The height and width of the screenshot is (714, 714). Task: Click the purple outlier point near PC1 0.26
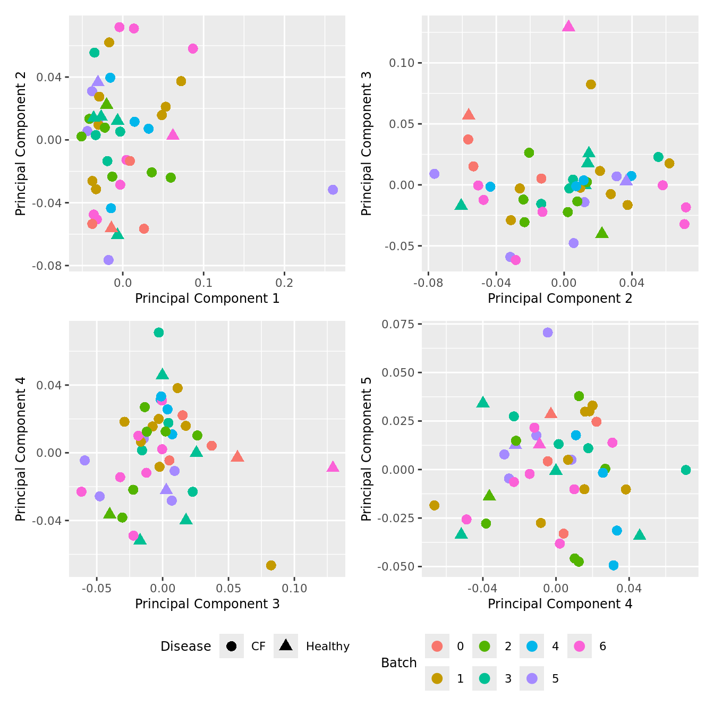333,190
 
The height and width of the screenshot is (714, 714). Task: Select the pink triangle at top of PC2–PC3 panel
568,26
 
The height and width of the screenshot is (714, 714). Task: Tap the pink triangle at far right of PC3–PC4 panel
333,467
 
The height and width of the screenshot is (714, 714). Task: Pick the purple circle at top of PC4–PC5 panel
548,333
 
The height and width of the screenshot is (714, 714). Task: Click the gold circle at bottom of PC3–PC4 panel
271,565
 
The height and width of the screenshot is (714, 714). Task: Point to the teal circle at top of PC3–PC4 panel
158,333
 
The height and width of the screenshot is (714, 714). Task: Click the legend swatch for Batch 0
437,646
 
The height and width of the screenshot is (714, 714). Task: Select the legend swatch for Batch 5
532,678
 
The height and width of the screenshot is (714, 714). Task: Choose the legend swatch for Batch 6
580,646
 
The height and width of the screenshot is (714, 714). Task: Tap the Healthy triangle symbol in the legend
286,646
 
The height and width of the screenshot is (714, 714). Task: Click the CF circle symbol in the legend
231,646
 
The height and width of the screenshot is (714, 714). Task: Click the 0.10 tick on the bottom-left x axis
294,588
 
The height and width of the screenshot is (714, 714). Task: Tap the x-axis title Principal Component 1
207,299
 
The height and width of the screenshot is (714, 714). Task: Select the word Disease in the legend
185,647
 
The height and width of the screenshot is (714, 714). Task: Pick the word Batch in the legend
398,663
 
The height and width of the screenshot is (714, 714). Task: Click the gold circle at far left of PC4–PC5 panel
434,505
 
